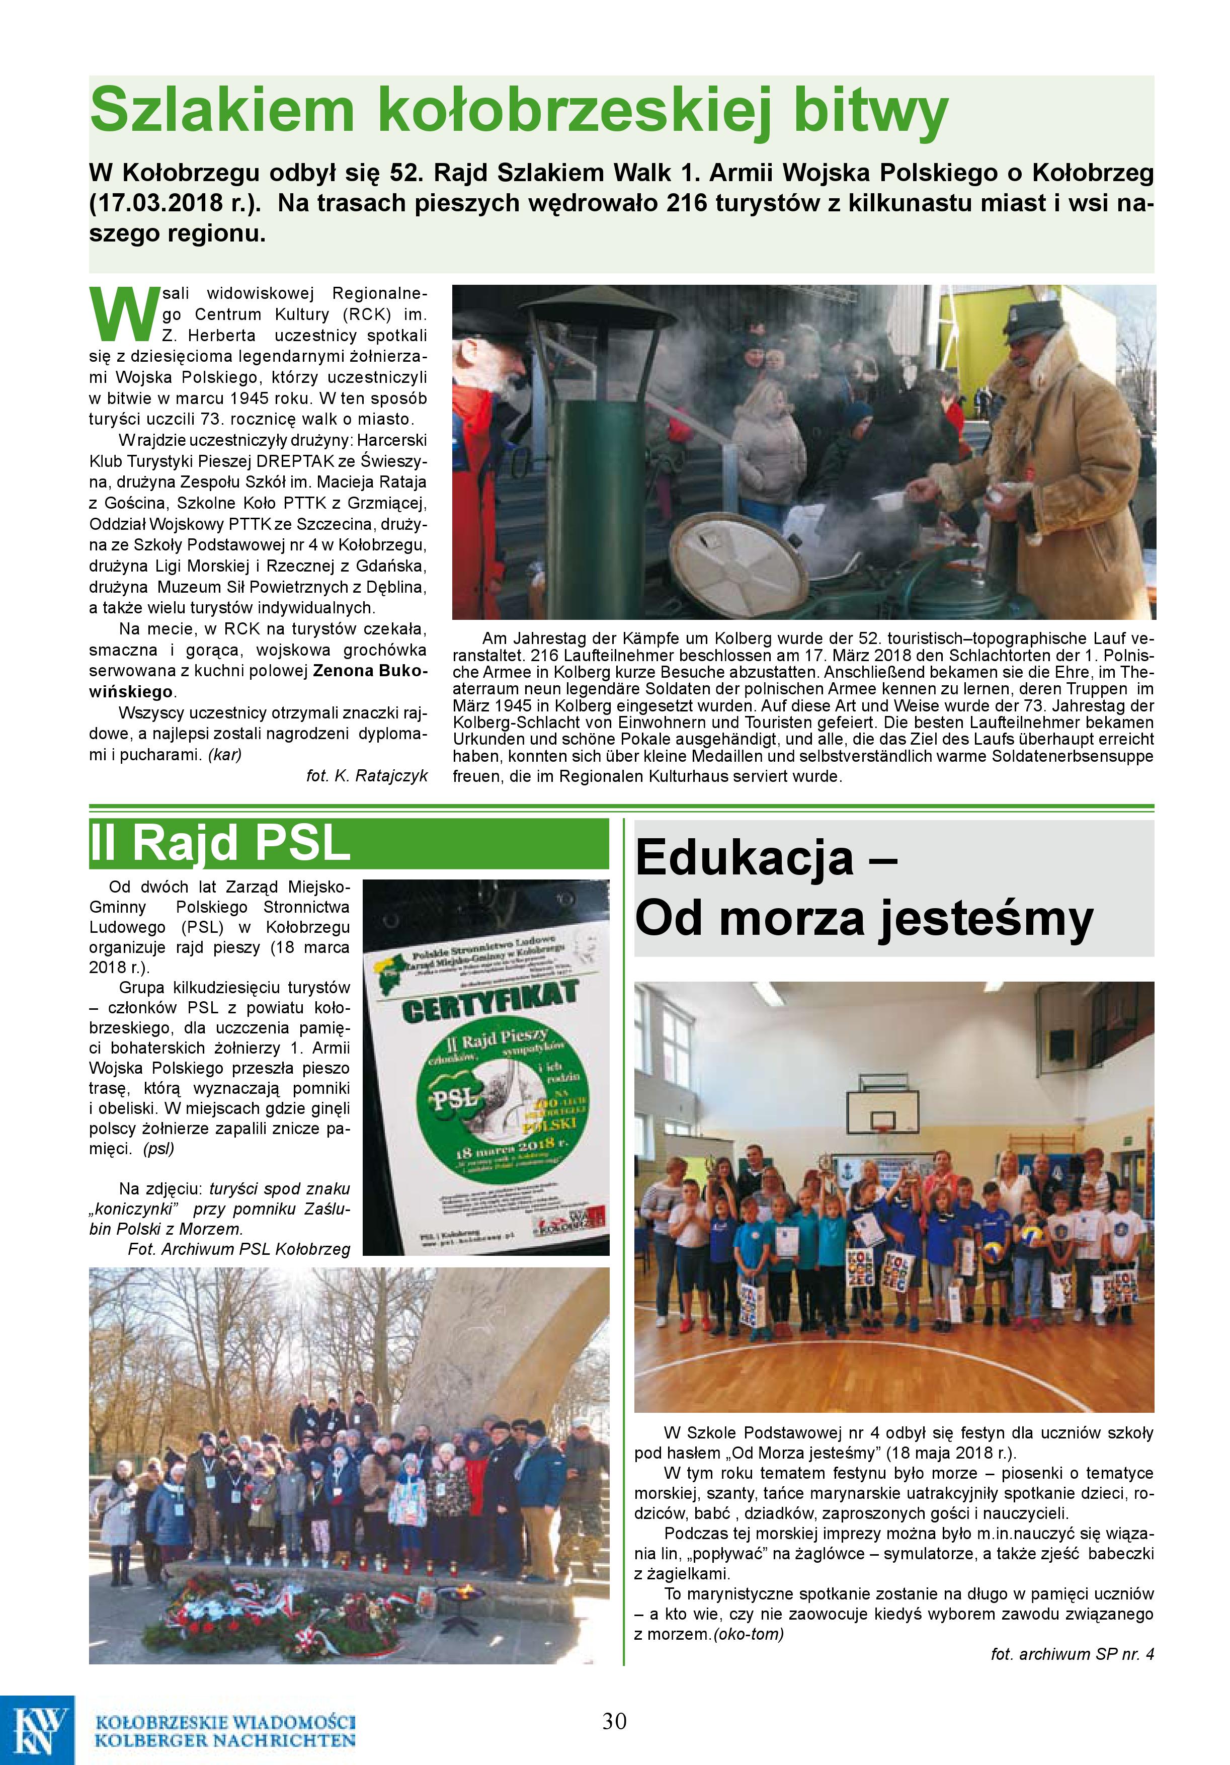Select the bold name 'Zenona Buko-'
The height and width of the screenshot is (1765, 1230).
coord(370,670)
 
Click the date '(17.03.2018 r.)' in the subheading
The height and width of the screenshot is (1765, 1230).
coord(178,204)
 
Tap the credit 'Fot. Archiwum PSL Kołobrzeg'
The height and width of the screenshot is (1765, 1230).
coord(238,1249)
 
